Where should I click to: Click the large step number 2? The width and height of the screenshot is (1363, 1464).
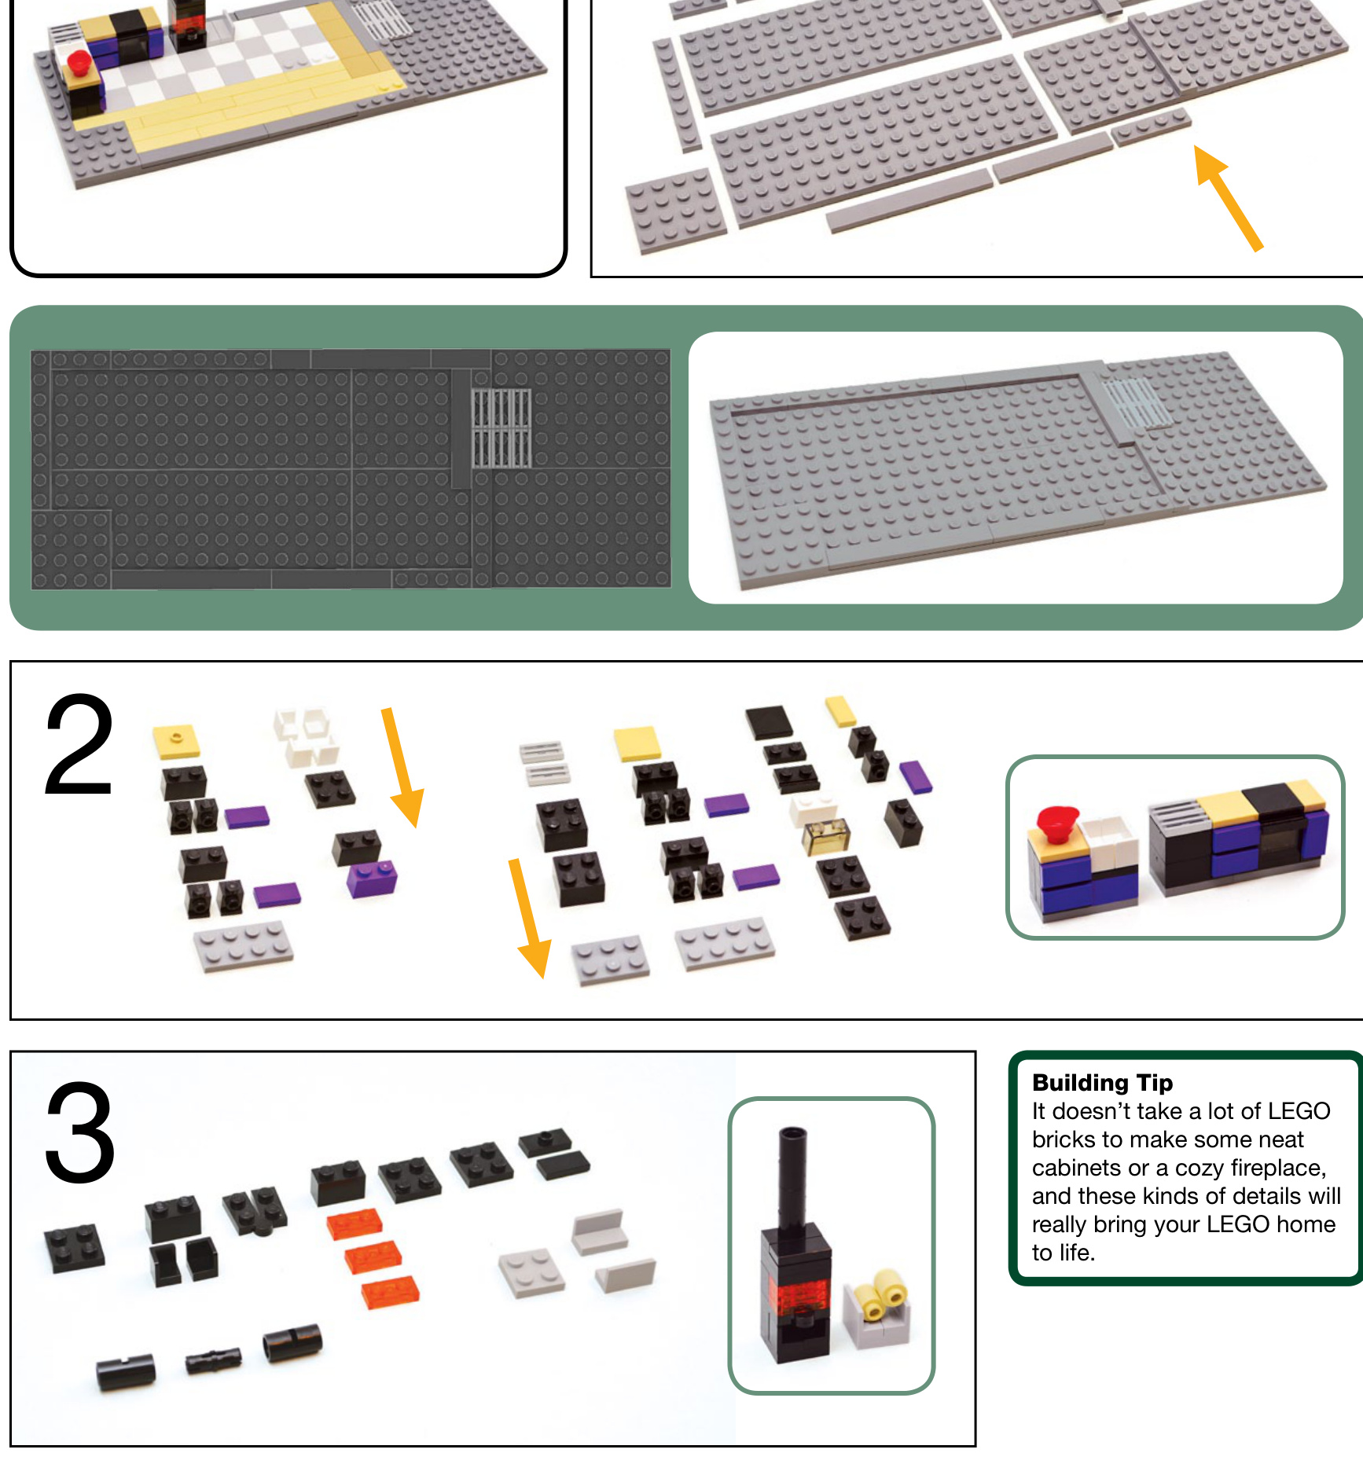79,745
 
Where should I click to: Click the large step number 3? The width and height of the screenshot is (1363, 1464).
79,1132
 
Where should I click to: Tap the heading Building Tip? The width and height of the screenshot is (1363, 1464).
1102,1083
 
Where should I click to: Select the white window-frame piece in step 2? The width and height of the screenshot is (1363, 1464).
305,736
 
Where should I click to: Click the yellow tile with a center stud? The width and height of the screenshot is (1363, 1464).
176,741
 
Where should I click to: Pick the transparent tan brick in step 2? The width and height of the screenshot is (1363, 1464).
825,835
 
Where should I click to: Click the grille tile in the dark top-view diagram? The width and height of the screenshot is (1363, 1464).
501,428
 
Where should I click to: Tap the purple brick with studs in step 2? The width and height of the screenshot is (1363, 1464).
372,879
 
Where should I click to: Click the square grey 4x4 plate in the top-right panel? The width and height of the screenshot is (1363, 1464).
676,211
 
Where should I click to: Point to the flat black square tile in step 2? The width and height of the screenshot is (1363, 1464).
769,722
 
